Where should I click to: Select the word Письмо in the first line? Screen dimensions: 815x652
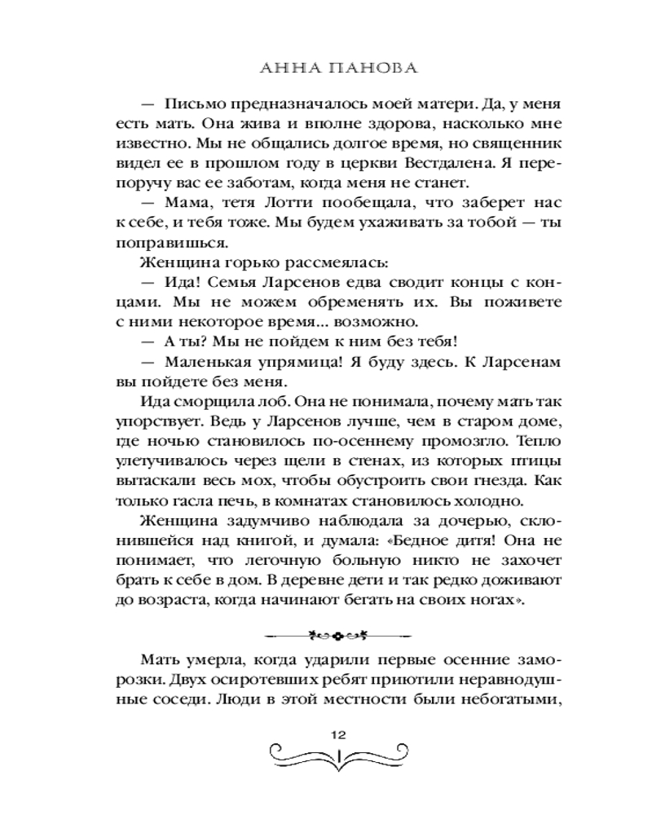click(x=193, y=105)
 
